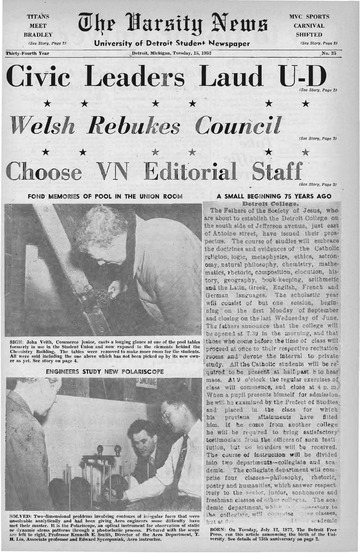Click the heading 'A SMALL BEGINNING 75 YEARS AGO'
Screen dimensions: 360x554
[x=278, y=197]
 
